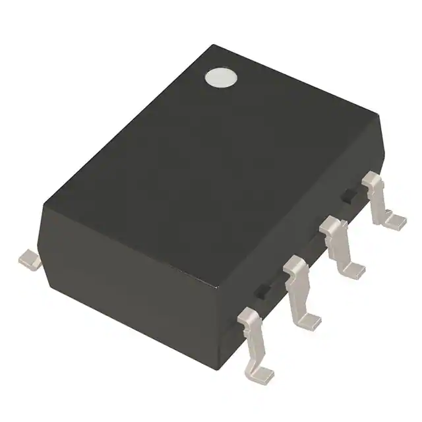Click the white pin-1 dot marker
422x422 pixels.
(x=220, y=78)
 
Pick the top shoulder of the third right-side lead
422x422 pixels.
(x=335, y=228)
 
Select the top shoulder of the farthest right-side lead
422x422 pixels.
(x=374, y=179)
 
